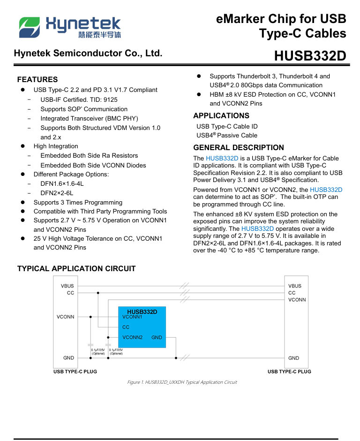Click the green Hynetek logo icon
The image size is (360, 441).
coord(29,27)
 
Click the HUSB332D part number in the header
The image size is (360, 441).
coord(310,56)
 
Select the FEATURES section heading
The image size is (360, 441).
coord(37,79)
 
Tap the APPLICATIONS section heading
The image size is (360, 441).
coord(221,115)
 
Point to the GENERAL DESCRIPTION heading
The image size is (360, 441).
coord(239,147)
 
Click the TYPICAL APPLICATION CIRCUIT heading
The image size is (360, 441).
coord(76,268)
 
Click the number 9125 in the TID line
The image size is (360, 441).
coord(111,99)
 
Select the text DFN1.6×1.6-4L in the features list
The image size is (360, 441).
coord(62,183)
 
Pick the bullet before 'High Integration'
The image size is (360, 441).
coord(22,146)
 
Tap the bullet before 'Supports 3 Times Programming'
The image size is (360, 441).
coord(22,203)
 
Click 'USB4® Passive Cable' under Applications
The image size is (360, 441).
coord(227,136)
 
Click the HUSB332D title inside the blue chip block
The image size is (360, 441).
coord(142,311)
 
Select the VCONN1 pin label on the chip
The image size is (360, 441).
coord(132,317)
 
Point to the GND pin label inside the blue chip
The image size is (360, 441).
coord(157,337)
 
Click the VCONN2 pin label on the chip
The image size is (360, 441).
coord(132,337)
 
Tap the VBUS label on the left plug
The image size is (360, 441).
coord(67,286)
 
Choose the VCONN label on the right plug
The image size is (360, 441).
coord(297,299)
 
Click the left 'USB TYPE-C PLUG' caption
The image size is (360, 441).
coord(75,372)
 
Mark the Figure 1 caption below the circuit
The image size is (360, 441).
coord(182,382)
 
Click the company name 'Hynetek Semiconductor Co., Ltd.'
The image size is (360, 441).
coord(88,53)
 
